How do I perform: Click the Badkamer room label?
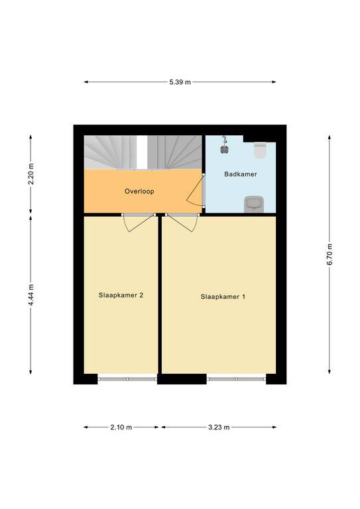pos(241,174)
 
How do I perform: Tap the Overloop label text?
pos(139,192)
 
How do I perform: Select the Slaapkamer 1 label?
pos(223,297)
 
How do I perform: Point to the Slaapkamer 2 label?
pos(121,296)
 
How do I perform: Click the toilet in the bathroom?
pos(261,150)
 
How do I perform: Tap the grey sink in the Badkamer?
pos(254,204)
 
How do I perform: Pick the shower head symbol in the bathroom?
pos(224,145)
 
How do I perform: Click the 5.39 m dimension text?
pos(180,82)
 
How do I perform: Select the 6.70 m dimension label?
pos(330,254)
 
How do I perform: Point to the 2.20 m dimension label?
pos(31,174)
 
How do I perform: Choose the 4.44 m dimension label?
pos(31,295)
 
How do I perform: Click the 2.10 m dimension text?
pos(121,427)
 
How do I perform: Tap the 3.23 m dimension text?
pos(219,427)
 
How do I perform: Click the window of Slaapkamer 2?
pos(127,379)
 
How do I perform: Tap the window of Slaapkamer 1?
pos(236,379)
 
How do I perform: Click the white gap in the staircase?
pos(142,152)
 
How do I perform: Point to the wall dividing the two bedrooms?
pos(160,295)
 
